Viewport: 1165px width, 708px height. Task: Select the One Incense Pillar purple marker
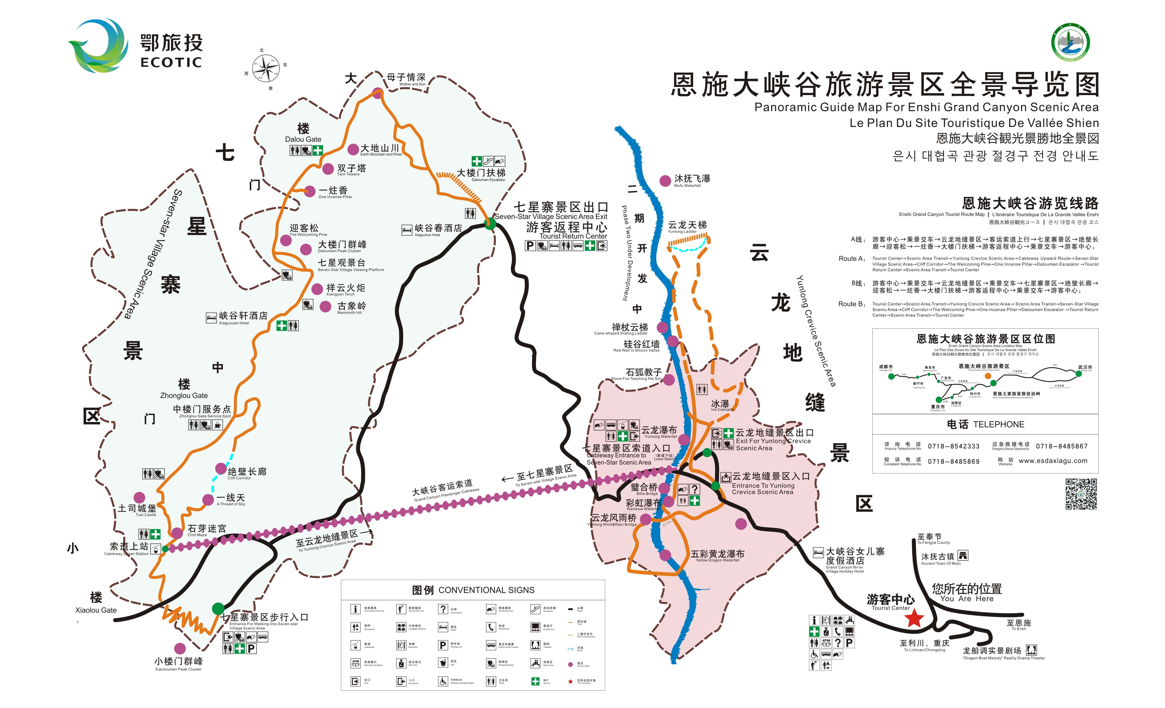click(310, 191)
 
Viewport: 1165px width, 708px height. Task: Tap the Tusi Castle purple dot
click(139, 497)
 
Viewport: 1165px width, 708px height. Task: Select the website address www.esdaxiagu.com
click(1053, 461)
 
